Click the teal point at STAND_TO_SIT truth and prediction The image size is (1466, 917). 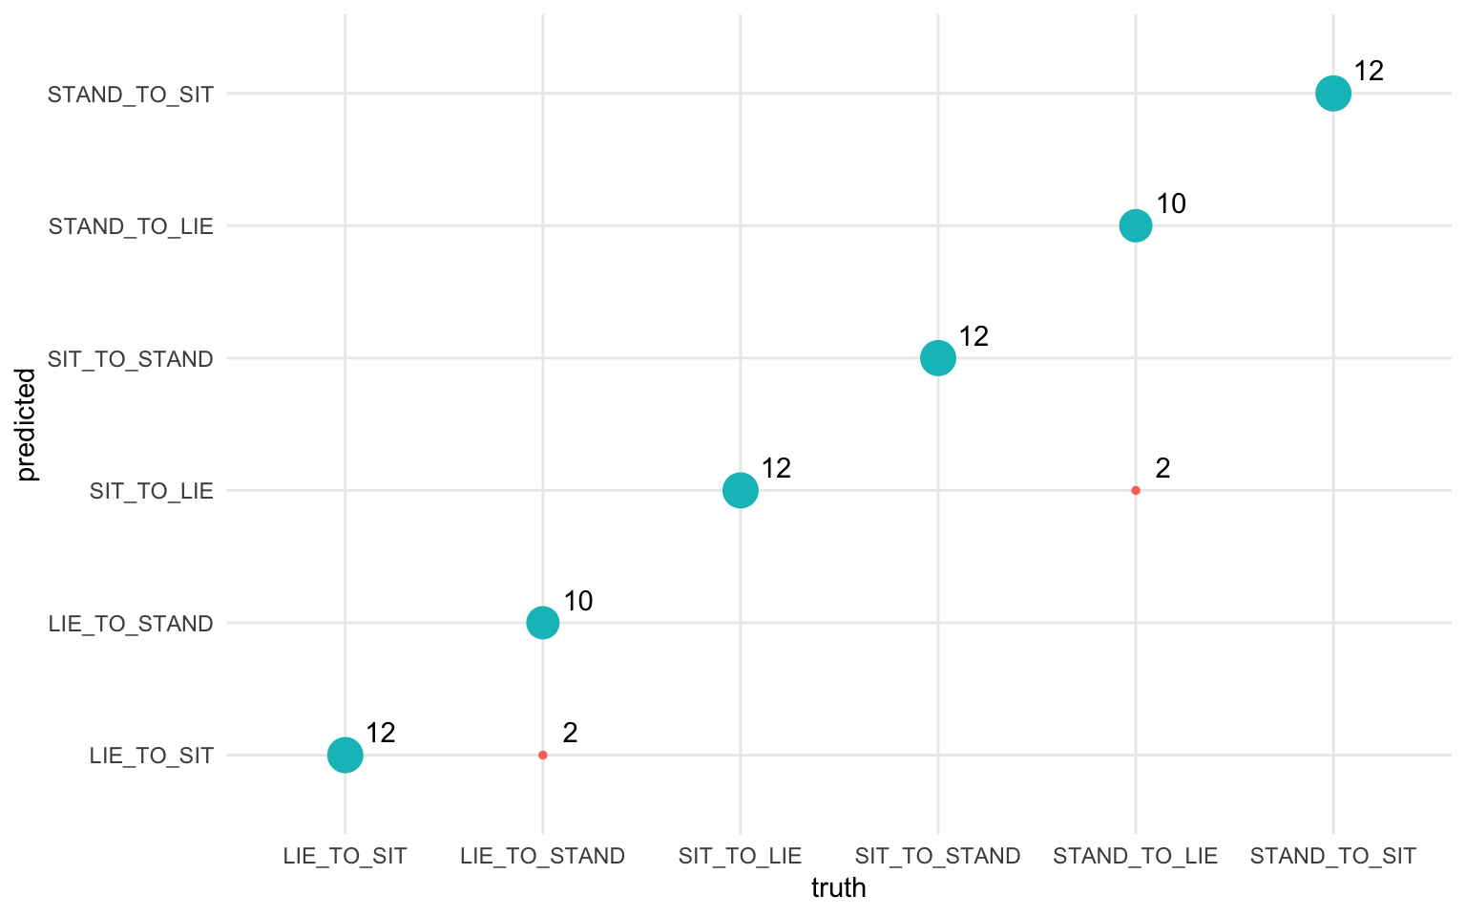coord(1332,94)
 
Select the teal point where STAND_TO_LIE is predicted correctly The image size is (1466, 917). coord(1135,226)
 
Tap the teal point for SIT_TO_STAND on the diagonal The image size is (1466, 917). coord(937,358)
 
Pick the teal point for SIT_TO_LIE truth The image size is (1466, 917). coord(740,491)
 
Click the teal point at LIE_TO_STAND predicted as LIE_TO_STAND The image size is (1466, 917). coord(542,623)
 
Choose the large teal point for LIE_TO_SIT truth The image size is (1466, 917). coord(345,756)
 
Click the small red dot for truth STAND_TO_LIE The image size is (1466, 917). coord(1135,491)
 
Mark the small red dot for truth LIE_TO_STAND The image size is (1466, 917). coord(542,756)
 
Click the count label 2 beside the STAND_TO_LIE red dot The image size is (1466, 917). coord(1162,468)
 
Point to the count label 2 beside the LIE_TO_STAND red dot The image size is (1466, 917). coord(570,733)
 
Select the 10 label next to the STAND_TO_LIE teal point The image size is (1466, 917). coord(1171,203)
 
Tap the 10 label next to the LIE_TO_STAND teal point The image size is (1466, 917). coord(578,601)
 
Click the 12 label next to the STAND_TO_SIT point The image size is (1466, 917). coord(1369,71)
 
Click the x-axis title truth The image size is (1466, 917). coord(838,888)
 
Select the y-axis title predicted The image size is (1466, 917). coord(27,425)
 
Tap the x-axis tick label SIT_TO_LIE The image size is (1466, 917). coord(740,856)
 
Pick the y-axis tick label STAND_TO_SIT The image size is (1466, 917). coord(131,95)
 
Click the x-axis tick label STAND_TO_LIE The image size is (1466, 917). coord(1135,856)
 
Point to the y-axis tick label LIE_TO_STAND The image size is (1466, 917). coord(131,624)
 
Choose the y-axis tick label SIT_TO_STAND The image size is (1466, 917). coord(131,359)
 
